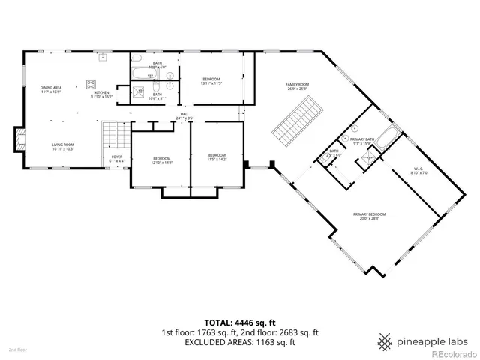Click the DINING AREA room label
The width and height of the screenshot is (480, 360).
coord(51,89)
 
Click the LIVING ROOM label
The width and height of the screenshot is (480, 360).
coord(62,147)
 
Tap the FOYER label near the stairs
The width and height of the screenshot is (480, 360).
coord(117,158)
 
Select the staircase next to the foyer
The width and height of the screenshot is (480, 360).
coord(111,135)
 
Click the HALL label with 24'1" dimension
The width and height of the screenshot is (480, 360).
coord(184,116)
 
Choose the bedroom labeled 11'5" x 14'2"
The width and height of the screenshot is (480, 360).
coord(217,157)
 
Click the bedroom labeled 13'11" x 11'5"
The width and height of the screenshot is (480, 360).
coord(211,80)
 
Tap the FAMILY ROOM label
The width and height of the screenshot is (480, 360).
coord(298,85)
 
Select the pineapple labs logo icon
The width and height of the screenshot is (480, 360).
coord(385,340)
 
